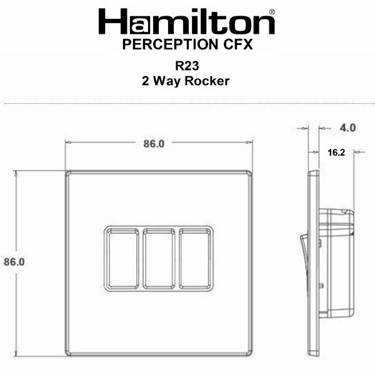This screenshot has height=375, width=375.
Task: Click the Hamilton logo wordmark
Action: (x=186, y=21)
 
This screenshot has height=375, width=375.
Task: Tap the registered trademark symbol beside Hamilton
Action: (x=272, y=12)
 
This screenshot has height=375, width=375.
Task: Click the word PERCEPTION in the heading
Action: (x=170, y=44)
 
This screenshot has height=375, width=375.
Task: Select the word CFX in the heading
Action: (x=238, y=44)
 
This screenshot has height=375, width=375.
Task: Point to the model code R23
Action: (x=187, y=66)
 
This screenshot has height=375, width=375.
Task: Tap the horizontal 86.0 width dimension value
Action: (x=154, y=144)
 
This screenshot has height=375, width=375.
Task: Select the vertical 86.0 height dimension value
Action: (x=14, y=262)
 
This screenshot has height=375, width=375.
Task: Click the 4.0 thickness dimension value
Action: (x=347, y=128)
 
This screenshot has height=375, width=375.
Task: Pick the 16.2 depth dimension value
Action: (x=336, y=152)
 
